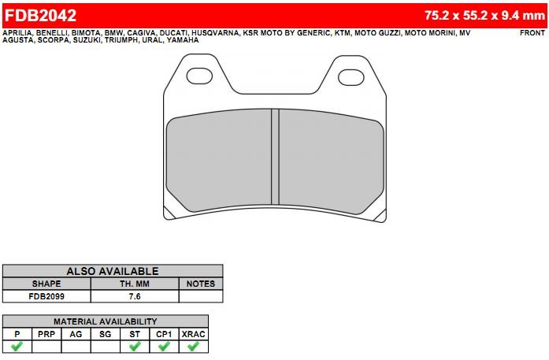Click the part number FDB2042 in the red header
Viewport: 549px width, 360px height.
[40, 16]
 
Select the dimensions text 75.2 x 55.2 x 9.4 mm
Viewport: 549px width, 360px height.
[485, 16]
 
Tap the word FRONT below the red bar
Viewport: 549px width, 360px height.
[532, 33]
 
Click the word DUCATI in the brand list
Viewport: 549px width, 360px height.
[173, 33]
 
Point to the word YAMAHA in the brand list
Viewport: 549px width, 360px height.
[183, 40]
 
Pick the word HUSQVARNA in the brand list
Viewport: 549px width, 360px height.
[215, 33]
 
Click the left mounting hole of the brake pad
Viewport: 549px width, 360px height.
[199, 76]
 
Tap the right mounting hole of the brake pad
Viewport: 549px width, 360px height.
[351, 77]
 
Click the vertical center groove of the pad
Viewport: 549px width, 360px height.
[275, 157]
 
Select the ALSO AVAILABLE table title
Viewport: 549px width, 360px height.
[113, 271]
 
